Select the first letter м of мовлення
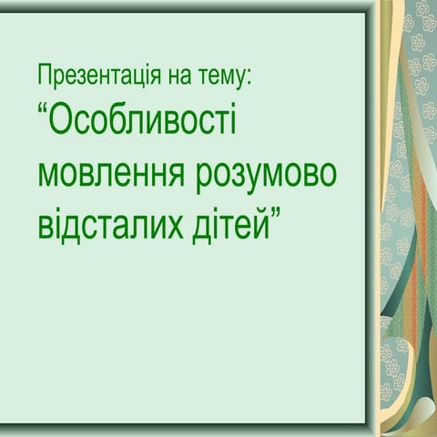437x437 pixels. [48, 175]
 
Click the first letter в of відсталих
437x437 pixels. [46, 223]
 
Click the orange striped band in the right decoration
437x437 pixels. [404, 273]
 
